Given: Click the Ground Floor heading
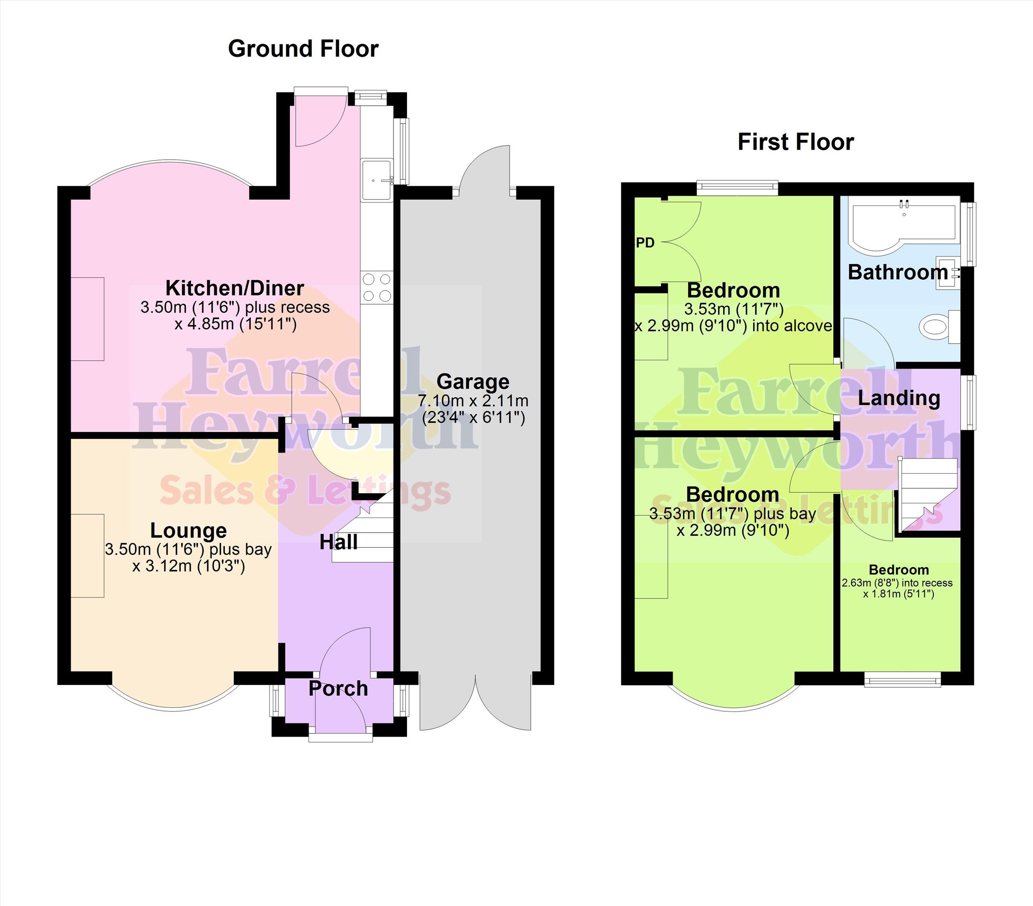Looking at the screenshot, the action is tap(303, 49).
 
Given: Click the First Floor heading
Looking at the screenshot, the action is tap(795, 142).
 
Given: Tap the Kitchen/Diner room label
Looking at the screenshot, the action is tap(235, 288).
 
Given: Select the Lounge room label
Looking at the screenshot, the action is tap(189, 531).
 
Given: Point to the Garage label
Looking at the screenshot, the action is tap(473, 382).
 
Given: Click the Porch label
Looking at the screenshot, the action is tap(338, 688).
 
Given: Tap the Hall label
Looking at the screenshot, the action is tap(338, 542).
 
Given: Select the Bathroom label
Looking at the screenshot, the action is tap(897, 272).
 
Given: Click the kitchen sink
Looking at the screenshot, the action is tap(376, 180).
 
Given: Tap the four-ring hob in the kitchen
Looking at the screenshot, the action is tap(376, 287).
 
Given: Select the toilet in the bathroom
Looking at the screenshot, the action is tap(939, 327).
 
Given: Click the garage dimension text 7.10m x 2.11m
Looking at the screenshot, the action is tap(473, 401).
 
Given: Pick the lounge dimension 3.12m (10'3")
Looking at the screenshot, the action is tap(189, 566).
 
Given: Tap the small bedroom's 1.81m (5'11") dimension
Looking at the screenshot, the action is tap(898, 594).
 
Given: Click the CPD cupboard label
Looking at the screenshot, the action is tap(644, 243).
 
